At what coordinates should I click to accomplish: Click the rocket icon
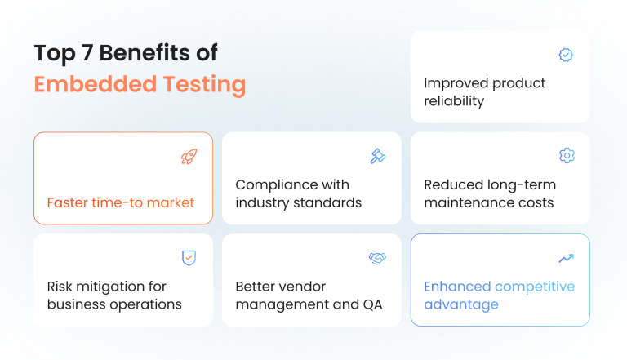pyautogui.click(x=189, y=157)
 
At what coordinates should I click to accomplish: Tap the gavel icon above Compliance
pyautogui.click(x=377, y=156)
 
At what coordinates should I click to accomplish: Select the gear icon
pyautogui.click(x=566, y=156)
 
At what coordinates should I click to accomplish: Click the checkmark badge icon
pyautogui.click(x=566, y=55)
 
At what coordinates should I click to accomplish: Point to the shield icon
pyautogui.click(x=189, y=258)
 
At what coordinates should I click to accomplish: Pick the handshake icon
pyautogui.click(x=377, y=258)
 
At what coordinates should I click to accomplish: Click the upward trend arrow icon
pyautogui.click(x=566, y=258)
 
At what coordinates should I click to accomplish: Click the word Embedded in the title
pyautogui.click(x=89, y=84)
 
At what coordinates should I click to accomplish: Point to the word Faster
pyautogui.click(x=68, y=202)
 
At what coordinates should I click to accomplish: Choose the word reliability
pyautogui.click(x=454, y=101)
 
